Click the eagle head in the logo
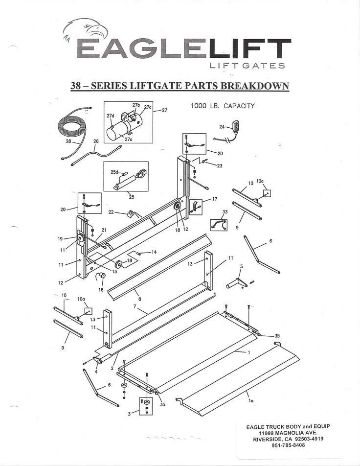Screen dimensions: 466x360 88,30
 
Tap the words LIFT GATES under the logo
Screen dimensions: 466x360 247,66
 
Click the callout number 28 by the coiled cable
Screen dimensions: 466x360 68,141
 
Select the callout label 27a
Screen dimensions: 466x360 128,139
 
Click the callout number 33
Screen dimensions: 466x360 225,212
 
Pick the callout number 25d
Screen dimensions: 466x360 114,172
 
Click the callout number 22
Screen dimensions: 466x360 111,212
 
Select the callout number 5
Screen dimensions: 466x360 241,266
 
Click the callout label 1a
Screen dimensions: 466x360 251,400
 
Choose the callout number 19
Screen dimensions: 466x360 60,239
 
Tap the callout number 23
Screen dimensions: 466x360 220,166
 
